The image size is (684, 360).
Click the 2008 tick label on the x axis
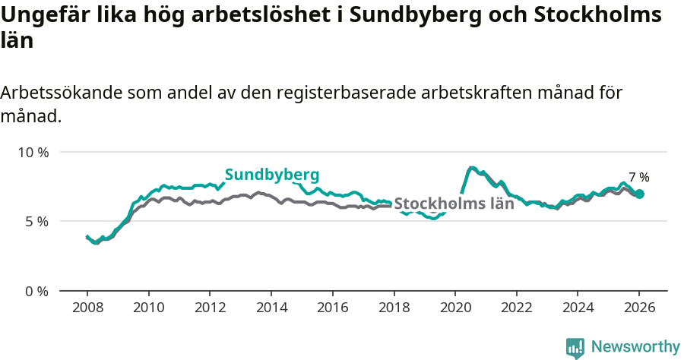[87, 310]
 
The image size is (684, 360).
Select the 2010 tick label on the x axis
[148, 310]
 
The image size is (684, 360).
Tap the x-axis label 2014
[271, 310]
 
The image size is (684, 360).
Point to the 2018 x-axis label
[394, 310]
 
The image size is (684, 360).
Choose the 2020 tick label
[455, 310]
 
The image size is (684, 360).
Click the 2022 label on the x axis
[517, 310]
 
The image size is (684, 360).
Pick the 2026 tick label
[639, 310]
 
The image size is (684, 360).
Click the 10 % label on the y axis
[33, 152]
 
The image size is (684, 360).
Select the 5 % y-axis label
[36, 222]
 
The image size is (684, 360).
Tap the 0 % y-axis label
[36, 291]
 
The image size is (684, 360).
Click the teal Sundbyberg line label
[271, 174]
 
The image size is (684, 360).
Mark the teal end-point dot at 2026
[639, 194]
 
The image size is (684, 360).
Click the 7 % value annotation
[638, 177]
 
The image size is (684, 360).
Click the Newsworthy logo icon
[575, 348]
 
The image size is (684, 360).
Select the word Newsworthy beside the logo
[635, 347]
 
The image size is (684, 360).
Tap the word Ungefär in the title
[43, 15]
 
